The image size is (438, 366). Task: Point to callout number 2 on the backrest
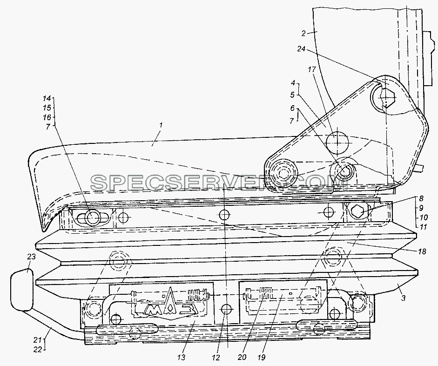point(304,34)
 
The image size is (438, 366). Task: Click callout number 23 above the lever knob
point(31,257)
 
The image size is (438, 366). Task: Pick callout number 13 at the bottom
point(181,357)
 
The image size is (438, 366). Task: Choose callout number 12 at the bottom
point(216,357)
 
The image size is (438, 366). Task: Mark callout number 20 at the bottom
point(243,357)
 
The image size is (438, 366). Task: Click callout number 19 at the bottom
point(262,357)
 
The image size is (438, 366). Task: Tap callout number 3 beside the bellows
point(403,298)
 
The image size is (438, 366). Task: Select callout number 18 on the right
point(422,251)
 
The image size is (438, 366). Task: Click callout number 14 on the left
point(47,98)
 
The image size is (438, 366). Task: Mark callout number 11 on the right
point(424,227)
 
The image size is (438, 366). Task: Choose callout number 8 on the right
point(421,199)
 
